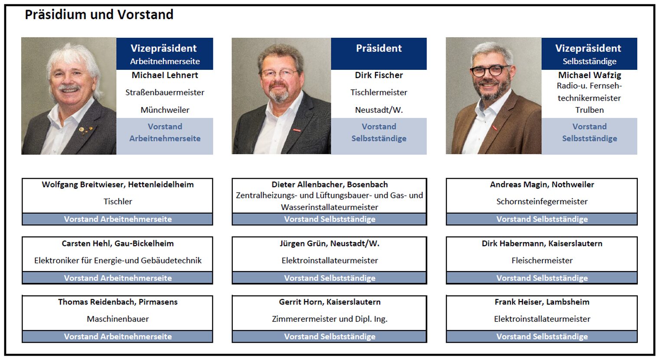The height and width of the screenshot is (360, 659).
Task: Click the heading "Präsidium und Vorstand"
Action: [99, 15]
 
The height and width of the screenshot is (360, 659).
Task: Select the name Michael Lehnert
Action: [165, 75]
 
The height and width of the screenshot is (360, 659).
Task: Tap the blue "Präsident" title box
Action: [378, 54]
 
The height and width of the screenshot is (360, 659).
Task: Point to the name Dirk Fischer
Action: [378, 75]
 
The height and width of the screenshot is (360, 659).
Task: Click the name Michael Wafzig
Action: [590, 75]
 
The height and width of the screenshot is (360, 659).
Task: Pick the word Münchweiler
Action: [165, 110]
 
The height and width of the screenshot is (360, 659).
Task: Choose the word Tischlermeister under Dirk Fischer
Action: [378, 92]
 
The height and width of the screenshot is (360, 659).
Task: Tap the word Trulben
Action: [590, 110]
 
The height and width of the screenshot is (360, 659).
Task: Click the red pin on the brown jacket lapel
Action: [495, 128]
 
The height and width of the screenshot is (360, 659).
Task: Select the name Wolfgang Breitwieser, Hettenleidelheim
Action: [117, 185]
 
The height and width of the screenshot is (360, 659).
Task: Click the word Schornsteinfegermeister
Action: [542, 201]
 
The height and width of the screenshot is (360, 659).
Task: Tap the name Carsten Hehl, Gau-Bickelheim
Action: [117, 243]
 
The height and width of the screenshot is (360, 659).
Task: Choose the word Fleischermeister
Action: [542, 260]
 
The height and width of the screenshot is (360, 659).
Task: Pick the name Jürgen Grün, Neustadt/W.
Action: [329, 243]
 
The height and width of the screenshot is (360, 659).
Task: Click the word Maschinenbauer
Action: [117, 319]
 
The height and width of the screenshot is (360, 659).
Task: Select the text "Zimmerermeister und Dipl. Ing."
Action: [329, 319]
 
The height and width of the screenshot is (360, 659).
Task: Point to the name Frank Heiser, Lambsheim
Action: [542, 302]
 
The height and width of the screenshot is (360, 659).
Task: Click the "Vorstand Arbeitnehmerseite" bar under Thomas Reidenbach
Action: [117, 337]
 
